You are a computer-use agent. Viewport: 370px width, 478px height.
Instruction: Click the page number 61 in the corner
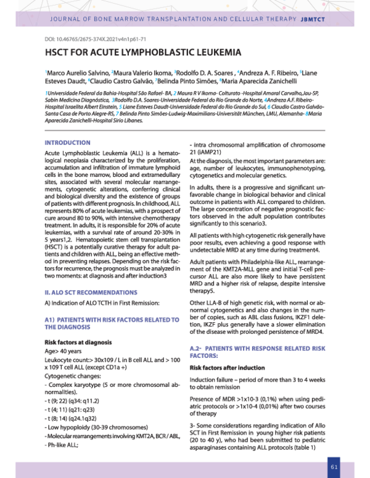point(334,467)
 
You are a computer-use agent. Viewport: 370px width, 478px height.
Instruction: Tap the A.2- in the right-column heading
point(197,349)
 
